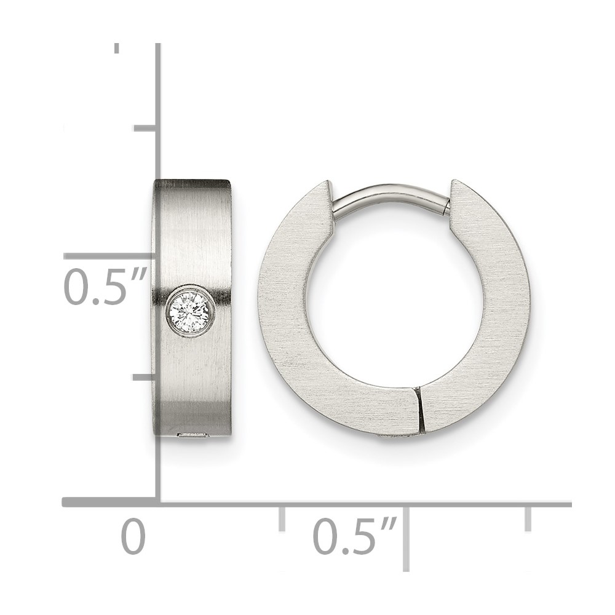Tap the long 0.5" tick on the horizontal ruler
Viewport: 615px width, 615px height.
(406, 538)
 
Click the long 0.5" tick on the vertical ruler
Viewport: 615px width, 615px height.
(110, 256)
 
